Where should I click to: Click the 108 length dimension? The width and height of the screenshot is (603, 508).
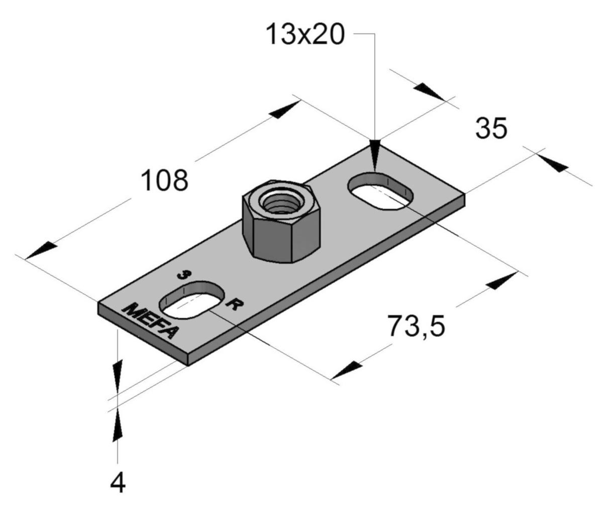165,181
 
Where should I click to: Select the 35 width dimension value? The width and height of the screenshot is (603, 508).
491,129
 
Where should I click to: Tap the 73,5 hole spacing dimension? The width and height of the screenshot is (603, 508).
416,326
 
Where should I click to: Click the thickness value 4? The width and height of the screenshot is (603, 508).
118,484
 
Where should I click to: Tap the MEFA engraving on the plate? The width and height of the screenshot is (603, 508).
149,321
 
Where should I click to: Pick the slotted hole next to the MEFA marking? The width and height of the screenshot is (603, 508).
191,301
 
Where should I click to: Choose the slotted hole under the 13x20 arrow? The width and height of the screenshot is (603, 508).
380,191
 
